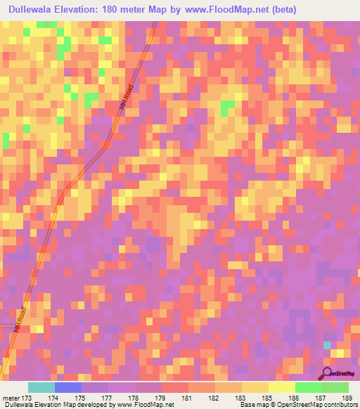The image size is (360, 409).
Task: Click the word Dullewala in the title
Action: tap(34, 10)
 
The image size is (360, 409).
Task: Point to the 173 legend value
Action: tap(27, 398)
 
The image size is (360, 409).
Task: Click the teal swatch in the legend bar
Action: tap(41, 387)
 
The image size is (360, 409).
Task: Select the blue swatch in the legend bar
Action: tap(68, 387)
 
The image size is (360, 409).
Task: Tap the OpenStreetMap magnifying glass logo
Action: tap(327, 372)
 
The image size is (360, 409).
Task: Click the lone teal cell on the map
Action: tap(326, 345)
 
